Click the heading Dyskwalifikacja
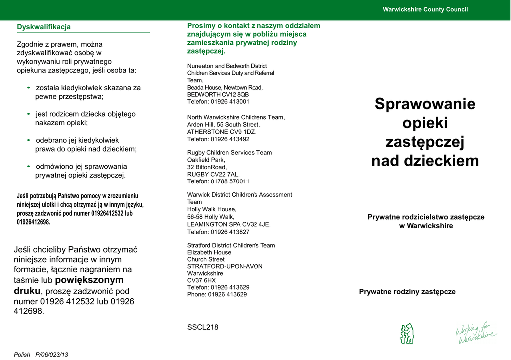pos(44,27)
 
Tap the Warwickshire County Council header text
pos(425,10)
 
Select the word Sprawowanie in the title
pos(425,104)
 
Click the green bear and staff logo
pos(407,333)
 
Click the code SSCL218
pos(203,327)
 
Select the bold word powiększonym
pos(89,280)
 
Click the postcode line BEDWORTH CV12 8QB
pos(218,94)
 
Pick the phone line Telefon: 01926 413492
pos(218,139)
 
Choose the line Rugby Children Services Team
pos(230,153)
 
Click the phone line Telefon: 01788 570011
pos(218,181)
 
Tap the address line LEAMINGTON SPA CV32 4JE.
pos(229,224)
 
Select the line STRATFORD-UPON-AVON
pos(225,266)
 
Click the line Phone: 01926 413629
pos(217,294)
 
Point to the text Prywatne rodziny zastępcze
pos(407,292)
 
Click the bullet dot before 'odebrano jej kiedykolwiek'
pos(29,140)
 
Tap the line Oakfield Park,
pos(206,160)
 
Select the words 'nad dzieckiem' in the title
pos(425,161)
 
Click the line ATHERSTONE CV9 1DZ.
pos(222,132)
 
